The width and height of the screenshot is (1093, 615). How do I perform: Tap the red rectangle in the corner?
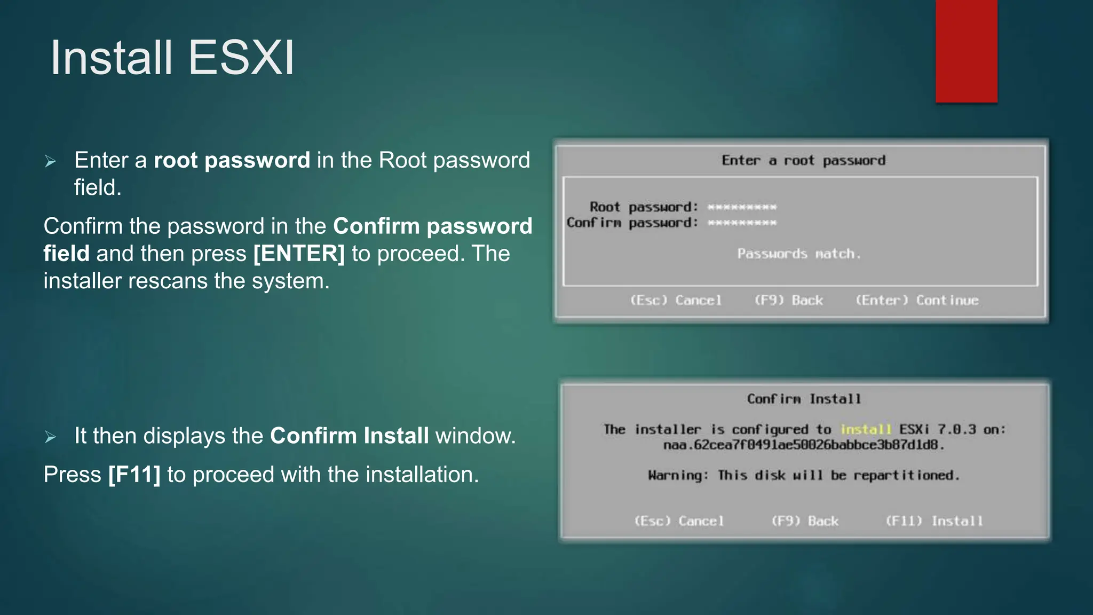[966, 51]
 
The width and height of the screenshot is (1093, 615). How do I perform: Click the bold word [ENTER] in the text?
[299, 254]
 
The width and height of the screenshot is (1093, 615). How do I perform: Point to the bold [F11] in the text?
[134, 475]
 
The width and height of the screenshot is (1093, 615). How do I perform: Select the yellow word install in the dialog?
[866, 430]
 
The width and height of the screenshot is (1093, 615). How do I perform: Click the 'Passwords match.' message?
[799, 254]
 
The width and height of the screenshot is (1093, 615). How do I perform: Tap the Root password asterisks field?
[742, 207]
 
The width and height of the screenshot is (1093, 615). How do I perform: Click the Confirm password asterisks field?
[742, 223]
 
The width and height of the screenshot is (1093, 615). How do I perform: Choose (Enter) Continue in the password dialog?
[917, 301]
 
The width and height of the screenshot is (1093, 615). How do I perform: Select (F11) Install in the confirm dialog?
[934, 521]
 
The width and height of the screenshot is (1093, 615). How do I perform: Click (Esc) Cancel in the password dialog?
[676, 301]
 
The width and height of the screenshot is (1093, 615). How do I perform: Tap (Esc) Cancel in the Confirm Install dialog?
[679, 521]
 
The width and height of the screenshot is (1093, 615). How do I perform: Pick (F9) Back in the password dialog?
[788, 301]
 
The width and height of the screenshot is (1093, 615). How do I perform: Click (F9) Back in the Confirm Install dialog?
[805, 521]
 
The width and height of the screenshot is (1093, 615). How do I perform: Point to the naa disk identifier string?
[804, 445]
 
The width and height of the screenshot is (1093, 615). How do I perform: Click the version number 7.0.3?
[956, 430]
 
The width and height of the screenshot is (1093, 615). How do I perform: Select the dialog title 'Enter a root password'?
[803, 161]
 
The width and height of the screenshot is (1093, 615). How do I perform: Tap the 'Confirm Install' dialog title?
[804, 399]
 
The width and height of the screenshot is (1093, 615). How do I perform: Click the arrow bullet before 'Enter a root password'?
[51, 161]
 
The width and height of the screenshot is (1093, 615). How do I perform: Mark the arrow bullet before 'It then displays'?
[51, 437]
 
